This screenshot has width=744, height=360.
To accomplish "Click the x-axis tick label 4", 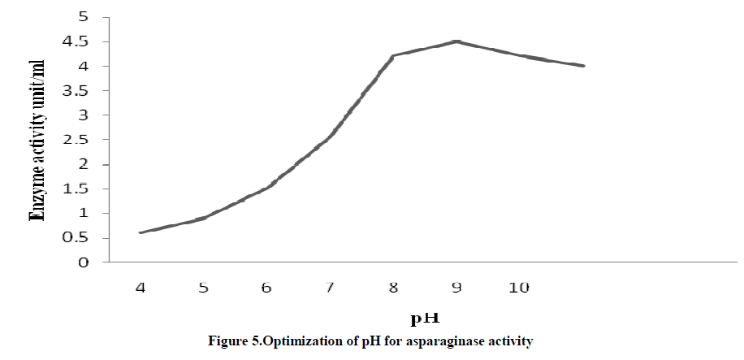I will click(140, 287).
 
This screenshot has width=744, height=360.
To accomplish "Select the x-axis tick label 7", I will click(330, 287).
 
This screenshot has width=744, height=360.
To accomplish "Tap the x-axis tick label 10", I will click(519, 287).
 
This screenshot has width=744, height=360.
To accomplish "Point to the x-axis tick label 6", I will click(266, 287).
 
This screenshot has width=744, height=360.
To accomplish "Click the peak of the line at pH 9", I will click(456, 41).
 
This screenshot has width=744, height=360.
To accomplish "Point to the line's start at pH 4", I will click(141, 232).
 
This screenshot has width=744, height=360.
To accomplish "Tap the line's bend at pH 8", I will click(393, 56).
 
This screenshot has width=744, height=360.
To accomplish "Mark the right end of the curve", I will click(583, 66).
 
